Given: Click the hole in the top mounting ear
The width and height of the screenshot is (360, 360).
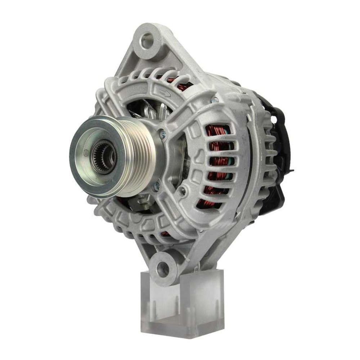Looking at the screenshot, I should coord(147,40).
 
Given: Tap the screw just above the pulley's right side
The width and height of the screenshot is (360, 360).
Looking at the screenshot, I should coord(163,134).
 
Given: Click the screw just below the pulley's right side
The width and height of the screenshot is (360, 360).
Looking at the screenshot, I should coord(157,186).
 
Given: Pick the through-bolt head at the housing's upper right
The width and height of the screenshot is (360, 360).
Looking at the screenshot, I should coord(215,100).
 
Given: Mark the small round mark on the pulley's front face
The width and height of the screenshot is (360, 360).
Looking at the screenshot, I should coord(86,153).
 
